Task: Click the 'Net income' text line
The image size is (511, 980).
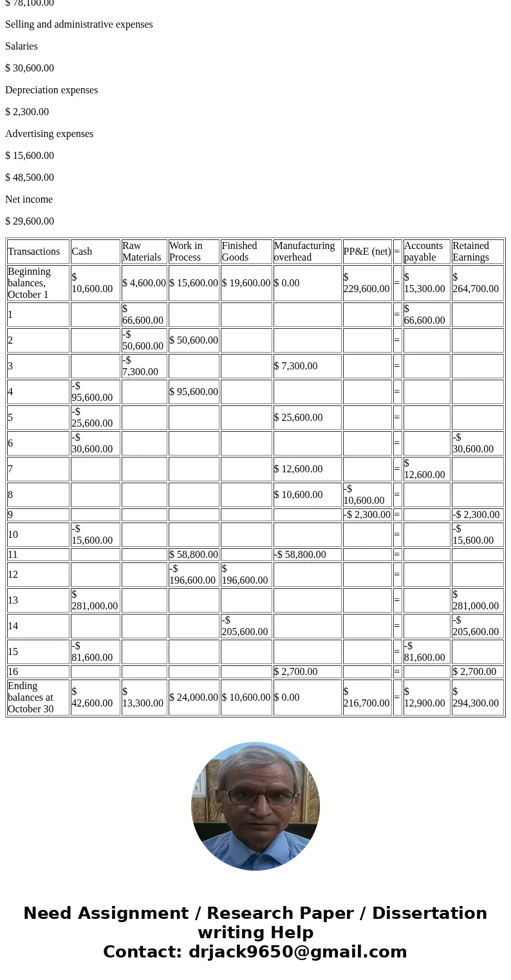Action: pos(29,199)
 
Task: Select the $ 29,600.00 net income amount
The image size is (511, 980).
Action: pos(30,221)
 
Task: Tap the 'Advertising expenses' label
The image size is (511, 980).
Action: pos(49,134)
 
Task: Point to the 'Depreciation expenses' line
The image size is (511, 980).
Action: pos(51,90)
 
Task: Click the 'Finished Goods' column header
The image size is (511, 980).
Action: pos(239,252)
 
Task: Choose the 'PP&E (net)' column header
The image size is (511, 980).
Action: pos(367,252)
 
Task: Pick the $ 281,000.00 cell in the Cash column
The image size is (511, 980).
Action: pos(95,600)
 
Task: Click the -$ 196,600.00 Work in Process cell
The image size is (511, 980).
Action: pos(192,574)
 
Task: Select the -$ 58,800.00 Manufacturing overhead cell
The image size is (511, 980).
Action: pos(300,555)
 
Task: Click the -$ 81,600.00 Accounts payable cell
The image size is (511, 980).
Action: pos(424,651)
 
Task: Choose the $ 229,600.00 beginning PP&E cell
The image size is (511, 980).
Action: pos(366,283)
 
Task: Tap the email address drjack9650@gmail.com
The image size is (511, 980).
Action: pos(297,952)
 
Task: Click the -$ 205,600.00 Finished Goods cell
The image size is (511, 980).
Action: pos(245,625)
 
